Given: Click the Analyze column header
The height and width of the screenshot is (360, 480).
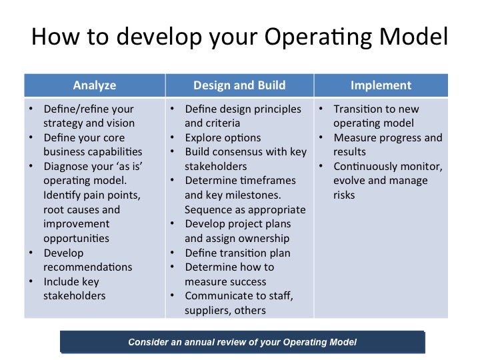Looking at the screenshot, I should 95,85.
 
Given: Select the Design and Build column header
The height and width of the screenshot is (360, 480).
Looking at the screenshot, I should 239,85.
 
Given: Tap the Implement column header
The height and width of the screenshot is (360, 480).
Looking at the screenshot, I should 381,85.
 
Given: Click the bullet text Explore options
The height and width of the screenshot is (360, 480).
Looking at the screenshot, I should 223,138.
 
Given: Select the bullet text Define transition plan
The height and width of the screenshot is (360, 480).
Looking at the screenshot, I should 238,253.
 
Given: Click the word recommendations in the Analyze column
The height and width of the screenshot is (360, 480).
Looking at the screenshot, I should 88,267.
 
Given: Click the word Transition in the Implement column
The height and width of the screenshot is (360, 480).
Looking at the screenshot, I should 358,109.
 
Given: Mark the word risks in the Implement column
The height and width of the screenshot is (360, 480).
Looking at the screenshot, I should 345,195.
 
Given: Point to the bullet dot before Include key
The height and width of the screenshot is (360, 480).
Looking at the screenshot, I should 31,282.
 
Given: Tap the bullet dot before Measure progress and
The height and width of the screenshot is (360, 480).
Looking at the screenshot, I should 320,138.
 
